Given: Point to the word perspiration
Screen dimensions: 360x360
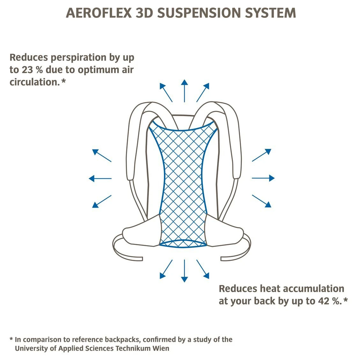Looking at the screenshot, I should [78, 58].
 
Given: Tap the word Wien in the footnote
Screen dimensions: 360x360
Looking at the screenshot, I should [161, 348].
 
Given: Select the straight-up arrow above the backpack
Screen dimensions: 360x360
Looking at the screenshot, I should [184, 91].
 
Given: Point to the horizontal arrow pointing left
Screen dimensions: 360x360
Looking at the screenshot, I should [100, 179].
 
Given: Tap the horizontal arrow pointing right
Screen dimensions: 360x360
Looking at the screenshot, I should [263, 178].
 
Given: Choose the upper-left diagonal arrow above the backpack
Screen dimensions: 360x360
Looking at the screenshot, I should [166, 92].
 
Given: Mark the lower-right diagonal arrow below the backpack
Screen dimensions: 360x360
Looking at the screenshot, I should [203, 269].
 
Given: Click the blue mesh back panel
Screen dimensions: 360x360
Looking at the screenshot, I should [183, 185].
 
